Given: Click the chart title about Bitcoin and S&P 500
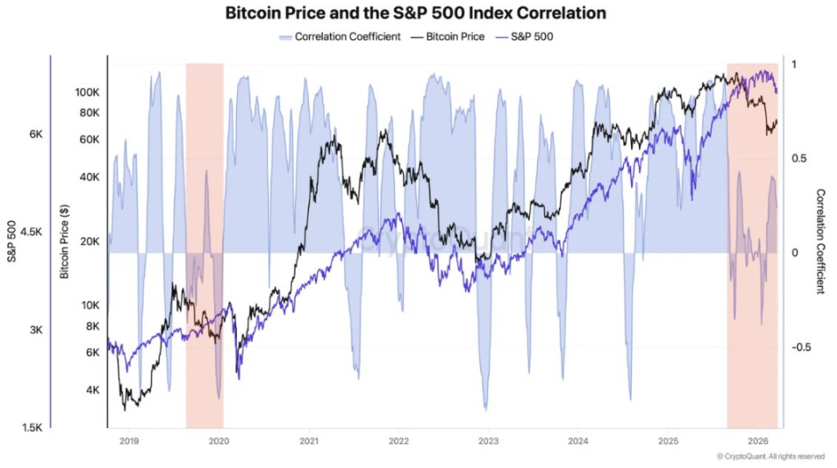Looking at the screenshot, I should [x=415, y=14].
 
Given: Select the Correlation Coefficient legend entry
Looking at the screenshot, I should [x=340, y=37].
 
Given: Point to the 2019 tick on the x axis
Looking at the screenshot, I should [x=129, y=441].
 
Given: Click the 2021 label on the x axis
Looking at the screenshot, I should [x=308, y=441].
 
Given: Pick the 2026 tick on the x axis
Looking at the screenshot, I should [x=757, y=441].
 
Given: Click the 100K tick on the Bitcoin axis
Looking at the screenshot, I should [x=86, y=92].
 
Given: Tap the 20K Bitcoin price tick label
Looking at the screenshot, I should [x=88, y=242].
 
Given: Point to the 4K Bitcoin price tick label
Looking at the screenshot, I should [x=91, y=390].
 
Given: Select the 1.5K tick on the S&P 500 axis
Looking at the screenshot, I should [x=32, y=427].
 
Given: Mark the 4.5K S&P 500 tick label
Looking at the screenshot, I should [x=32, y=232].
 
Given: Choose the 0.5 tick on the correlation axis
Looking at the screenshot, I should [x=799, y=158].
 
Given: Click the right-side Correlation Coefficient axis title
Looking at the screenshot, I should [x=821, y=242].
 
